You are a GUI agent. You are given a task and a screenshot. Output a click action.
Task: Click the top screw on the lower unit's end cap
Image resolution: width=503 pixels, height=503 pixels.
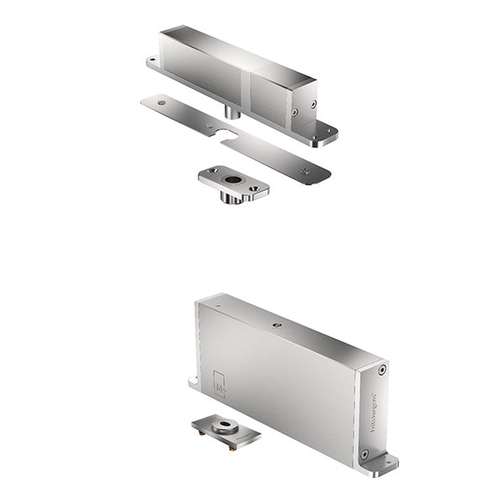click(382, 370)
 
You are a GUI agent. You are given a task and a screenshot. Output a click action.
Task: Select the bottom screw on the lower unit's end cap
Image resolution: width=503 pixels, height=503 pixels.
click(364, 454)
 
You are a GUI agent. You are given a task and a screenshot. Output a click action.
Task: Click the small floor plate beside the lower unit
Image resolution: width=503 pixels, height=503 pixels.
click(226, 433)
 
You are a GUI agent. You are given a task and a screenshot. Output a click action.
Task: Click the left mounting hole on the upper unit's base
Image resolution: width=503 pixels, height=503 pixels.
click(153, 61)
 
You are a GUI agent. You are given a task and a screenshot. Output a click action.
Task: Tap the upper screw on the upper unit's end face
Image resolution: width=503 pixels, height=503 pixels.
click(313, 105)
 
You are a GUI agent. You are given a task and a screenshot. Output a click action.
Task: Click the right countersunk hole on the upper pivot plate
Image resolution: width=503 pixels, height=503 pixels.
click(255, 189)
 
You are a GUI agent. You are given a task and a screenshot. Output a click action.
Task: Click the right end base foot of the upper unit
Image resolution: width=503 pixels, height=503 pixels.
click(325, 137)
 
